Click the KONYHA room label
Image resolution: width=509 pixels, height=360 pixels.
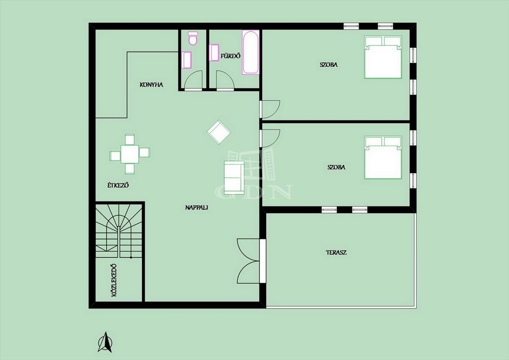[x=151, y=85]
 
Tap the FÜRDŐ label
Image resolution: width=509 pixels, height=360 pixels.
[x=230, y=56]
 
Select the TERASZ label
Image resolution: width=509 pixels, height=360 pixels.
[x=336, y=253]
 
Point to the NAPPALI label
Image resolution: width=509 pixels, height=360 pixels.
[x=196, y=208]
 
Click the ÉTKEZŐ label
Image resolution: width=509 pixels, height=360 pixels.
[x=118, y=185]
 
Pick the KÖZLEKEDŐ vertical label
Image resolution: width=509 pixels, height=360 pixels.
[x=114, y=280]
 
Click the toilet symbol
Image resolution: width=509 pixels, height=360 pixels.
[x=193, y=39]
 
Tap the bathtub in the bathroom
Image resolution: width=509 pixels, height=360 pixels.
[x=250, y=52]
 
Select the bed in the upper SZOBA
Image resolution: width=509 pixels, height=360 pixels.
[x=383, y=57]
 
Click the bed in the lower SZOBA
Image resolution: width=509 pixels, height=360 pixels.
[x=383, y=157]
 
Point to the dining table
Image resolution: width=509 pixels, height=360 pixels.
[x=130, y=154]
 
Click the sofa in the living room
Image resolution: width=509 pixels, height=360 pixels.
[x=234, y=177]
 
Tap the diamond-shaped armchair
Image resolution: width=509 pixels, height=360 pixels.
[x=218, y=132]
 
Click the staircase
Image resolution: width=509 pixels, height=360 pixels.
[x=119, y=231]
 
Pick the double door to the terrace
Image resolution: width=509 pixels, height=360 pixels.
[x=249, y=261]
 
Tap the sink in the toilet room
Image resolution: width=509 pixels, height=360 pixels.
[x=187, y=60]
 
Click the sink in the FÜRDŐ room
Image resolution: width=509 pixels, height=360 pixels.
[x=214, y=53]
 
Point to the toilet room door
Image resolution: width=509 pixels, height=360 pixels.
[x=193, y=80]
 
